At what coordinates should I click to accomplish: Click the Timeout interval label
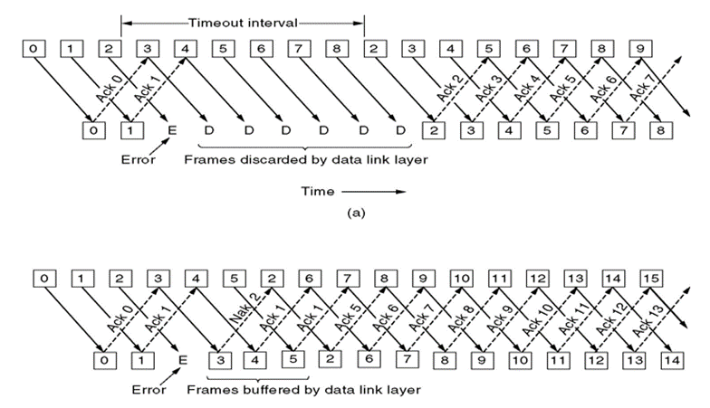pyautogui.click(x=243, y=23)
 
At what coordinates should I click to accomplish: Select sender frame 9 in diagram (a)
pyautogui.click(x=640, y=49)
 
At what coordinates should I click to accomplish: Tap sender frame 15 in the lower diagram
pyautogui.click(x=651, y=279)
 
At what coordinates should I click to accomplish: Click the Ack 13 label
pyautogui.click(x=648, y=320)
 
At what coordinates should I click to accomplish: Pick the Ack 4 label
pyautogui.click(x=527, y=87)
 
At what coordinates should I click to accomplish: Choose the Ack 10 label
pyautogui.click(x=538, y=319)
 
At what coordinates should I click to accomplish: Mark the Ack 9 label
pyautogui.click(x=500, y=318)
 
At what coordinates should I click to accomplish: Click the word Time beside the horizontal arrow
pyautogui.click(x=318, y=192)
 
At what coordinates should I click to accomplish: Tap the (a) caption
pyautogui.click(x=356, y=212)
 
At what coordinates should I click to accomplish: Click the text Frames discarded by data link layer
pyautogui.click(x=306, y=159)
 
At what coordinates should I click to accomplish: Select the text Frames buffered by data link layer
pyautogui.click(x=304, y=389)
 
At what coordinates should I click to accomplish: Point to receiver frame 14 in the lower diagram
pyautogui.click(x=672, y=360)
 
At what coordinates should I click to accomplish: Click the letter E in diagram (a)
pyautogui.click(x=172, y=130)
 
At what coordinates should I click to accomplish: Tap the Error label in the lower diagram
pyautogui.click(x=149, y=389)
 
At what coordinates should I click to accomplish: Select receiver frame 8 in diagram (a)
pyautogui.click(x=661, y=130)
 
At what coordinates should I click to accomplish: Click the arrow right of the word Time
pyautogui.click(x=373, y=192)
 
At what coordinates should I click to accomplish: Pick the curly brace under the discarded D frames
pyautogui.click(x=304, y=147)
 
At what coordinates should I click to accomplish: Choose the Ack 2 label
pyautogui.click(x=450, y=87)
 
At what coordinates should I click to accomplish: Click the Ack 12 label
pyautogui.click(x=612, y=319)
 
